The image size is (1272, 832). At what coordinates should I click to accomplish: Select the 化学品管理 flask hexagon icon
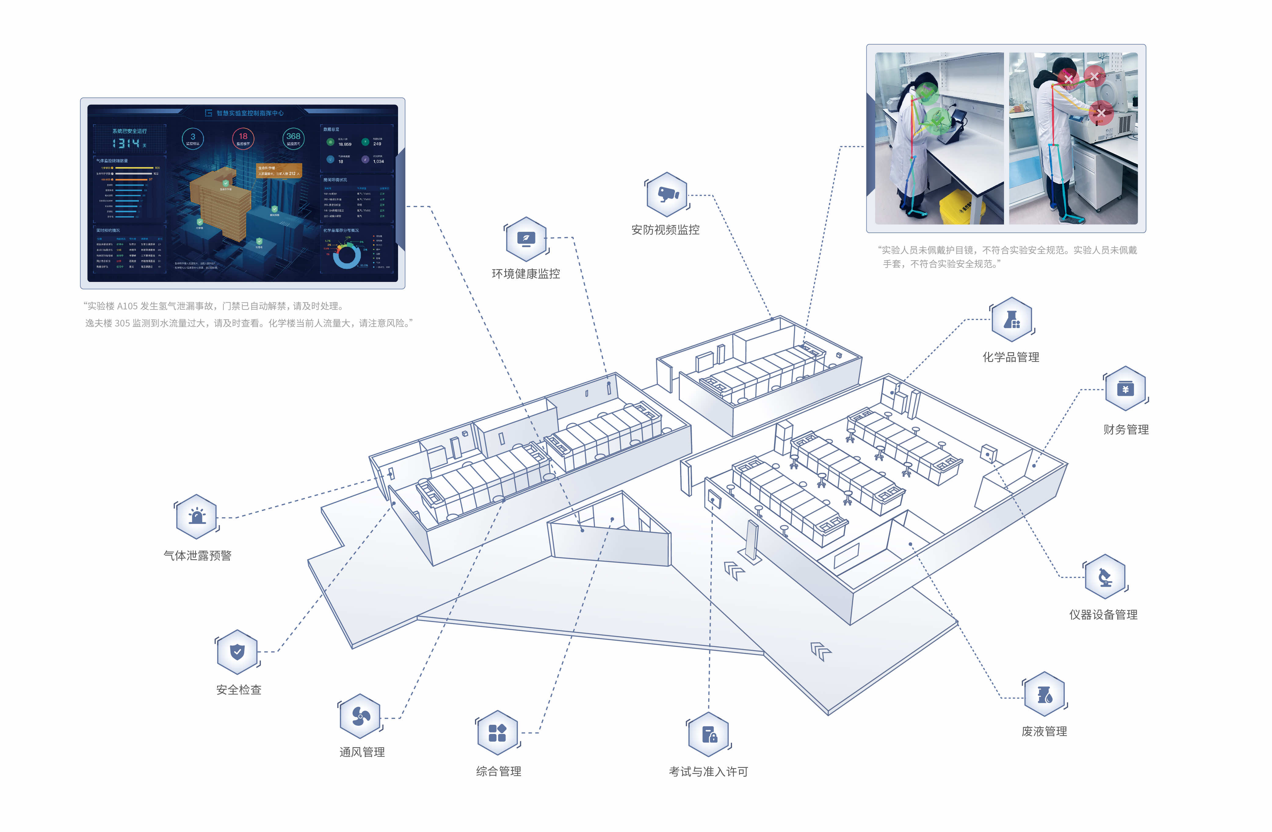pyautogui.click(x=1012, y=319)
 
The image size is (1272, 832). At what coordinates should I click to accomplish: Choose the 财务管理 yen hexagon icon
pyautogui.click(x=1125, y=389)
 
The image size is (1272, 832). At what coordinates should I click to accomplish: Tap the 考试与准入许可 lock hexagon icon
pyautogui.click(x=709, y=734)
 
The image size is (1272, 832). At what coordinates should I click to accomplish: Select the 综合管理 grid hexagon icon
pyautogui.click(x=497, y=732)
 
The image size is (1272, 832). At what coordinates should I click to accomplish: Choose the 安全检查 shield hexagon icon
pyautogui.click(x=237, y=652)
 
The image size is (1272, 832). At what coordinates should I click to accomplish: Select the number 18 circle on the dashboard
pyautogui.click(x=243, y=138)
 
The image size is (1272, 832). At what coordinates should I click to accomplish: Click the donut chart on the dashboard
pyautogui.click(x=346, y=256)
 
